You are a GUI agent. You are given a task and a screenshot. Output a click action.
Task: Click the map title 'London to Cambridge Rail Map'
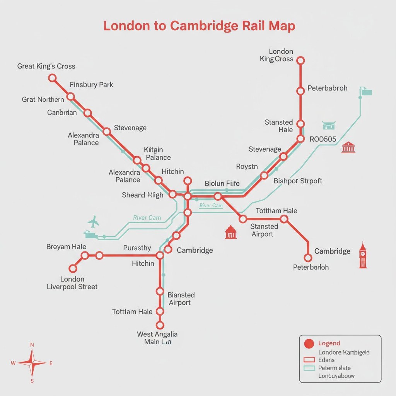pos(199,26)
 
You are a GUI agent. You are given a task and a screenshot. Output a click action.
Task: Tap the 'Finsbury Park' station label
pos(92,84)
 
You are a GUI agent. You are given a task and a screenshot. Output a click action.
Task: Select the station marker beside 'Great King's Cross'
pos(52,78)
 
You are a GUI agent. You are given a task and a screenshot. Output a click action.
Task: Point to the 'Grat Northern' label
pos(43,99)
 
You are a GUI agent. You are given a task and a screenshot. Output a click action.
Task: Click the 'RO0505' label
pos(323,139)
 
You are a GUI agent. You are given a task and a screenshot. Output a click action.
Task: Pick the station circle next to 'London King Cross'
pos(300,60)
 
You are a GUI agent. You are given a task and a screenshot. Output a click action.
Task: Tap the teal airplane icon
pos(93,222)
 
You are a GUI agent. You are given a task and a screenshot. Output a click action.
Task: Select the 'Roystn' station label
pos(247,167)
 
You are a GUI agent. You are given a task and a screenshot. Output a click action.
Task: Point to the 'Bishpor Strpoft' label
pos(298,181)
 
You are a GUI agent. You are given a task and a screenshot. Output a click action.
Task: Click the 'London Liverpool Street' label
pos(72,283)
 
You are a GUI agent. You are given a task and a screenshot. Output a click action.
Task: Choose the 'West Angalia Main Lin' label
pos(157,338)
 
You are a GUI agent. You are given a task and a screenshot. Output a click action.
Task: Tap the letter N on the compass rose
pos(32,345)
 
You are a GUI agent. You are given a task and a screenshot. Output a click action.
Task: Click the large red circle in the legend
pos(309,343)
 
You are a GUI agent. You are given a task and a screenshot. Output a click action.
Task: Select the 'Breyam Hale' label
pos(66,247)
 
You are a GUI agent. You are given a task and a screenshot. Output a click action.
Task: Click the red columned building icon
pos(348,147)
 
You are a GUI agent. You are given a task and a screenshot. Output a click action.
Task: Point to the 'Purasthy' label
pos(137,248)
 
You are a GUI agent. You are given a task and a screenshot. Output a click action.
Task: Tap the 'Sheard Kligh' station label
pos(143,195)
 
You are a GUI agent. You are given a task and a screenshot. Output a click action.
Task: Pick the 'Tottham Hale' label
pos(277,211)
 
